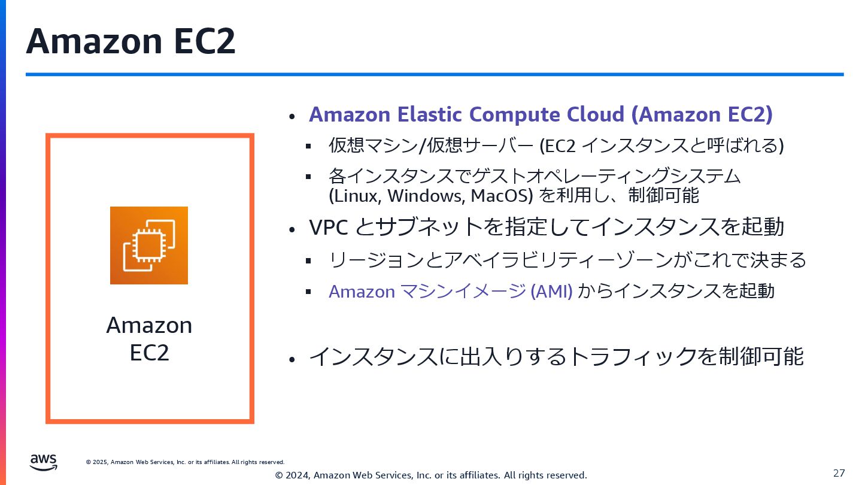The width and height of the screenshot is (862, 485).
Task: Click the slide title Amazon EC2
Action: click(130, 41)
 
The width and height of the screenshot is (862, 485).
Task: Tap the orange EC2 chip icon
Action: click(149, 245)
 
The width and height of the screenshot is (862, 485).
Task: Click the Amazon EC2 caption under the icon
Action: click(149, 339)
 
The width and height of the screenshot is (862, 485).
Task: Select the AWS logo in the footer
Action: click(44, 462)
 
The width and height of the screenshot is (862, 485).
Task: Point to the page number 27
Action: click(839, 473)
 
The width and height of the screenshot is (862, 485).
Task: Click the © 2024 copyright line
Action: click(431, 475)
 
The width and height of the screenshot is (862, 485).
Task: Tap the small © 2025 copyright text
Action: click(186, 462)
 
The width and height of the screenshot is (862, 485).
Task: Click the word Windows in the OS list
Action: click(426, 196)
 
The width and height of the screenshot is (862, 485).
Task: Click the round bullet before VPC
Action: click(292, 229)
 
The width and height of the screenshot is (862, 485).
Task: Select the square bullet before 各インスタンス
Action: click(308, 177)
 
